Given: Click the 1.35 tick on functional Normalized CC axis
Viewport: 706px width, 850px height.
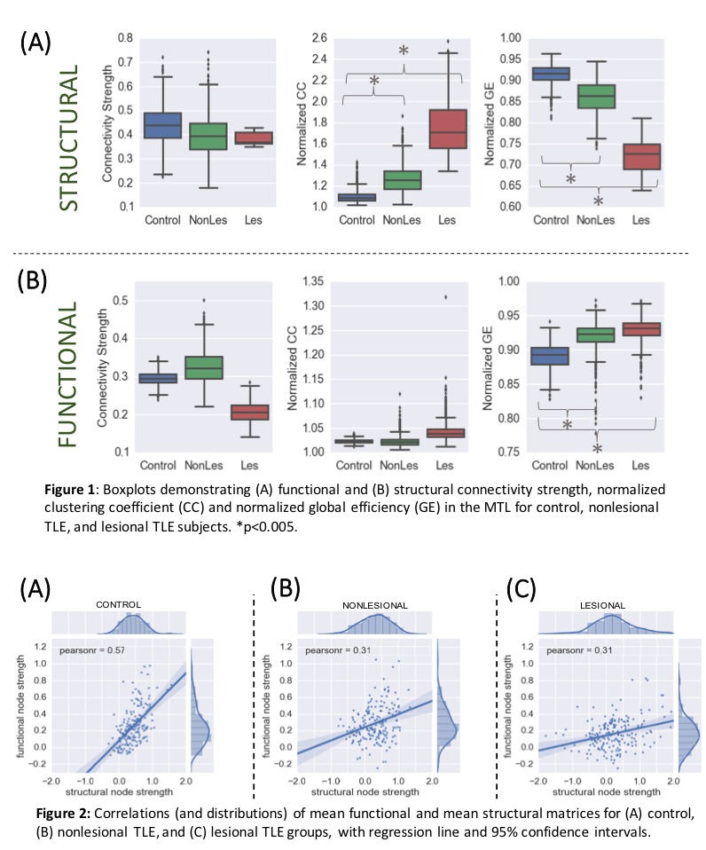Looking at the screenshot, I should [313, 282].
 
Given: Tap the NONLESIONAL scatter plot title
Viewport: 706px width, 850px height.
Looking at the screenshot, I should [376, 604].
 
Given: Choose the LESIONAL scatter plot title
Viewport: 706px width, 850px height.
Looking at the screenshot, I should [606, 604].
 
